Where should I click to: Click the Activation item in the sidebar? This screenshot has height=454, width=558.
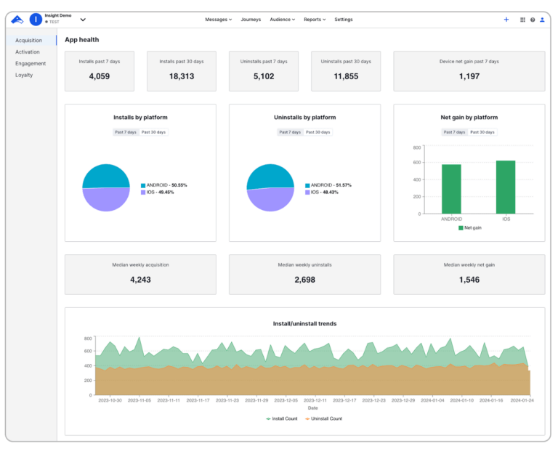(x=28, y=52)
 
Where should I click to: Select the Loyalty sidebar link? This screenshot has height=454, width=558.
(x=24, y=75)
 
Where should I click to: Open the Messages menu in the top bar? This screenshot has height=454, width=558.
(x=218, y=20)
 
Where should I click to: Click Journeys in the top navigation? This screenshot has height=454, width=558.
(x=251, y=20)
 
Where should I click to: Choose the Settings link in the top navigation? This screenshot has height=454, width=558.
(x=344, y=20)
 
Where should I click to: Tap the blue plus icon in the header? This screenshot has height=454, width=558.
(x=506, y=20)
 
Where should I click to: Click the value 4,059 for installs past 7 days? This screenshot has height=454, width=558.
(x=100, y=76)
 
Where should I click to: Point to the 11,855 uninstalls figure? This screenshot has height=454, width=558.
(x=346, y=76)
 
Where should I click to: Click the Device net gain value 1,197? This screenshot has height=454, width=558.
(x=469, y=76)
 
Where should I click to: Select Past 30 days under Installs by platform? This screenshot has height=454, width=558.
(x=154, y=132)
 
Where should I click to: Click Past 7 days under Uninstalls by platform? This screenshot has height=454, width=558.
(x=290, y=132)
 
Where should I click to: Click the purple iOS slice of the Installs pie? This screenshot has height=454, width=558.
(x=106, y=200)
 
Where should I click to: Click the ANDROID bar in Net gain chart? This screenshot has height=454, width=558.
(x=451, y=189)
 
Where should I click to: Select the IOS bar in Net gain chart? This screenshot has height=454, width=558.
(x=506, y=187)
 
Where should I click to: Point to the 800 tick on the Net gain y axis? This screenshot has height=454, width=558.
(x=417, y=147)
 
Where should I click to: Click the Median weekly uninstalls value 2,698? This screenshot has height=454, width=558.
(x=304, y=280)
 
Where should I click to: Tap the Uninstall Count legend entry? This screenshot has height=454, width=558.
(x=324, y=418)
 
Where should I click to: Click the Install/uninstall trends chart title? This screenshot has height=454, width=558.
(x=304, y=323)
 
